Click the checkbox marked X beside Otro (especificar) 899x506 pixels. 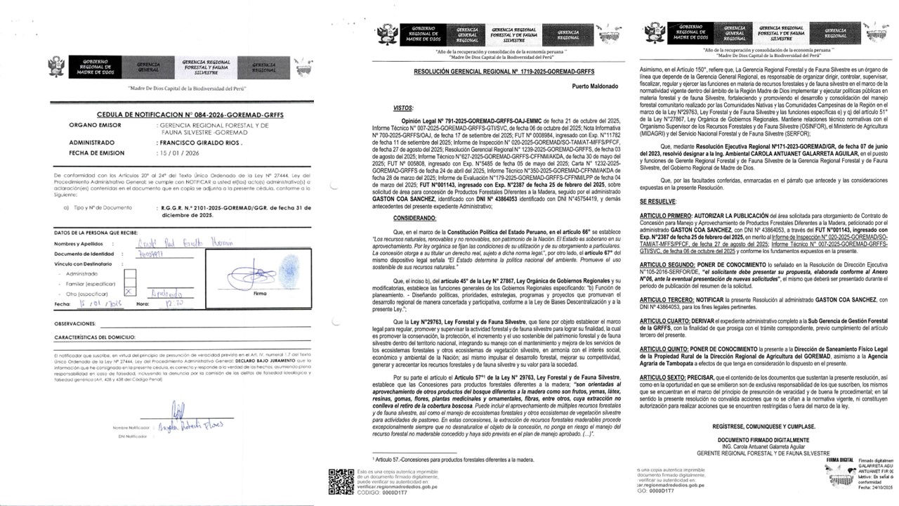point(129,290)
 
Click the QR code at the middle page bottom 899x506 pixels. point(341,481)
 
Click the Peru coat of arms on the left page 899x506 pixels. point(54,67)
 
